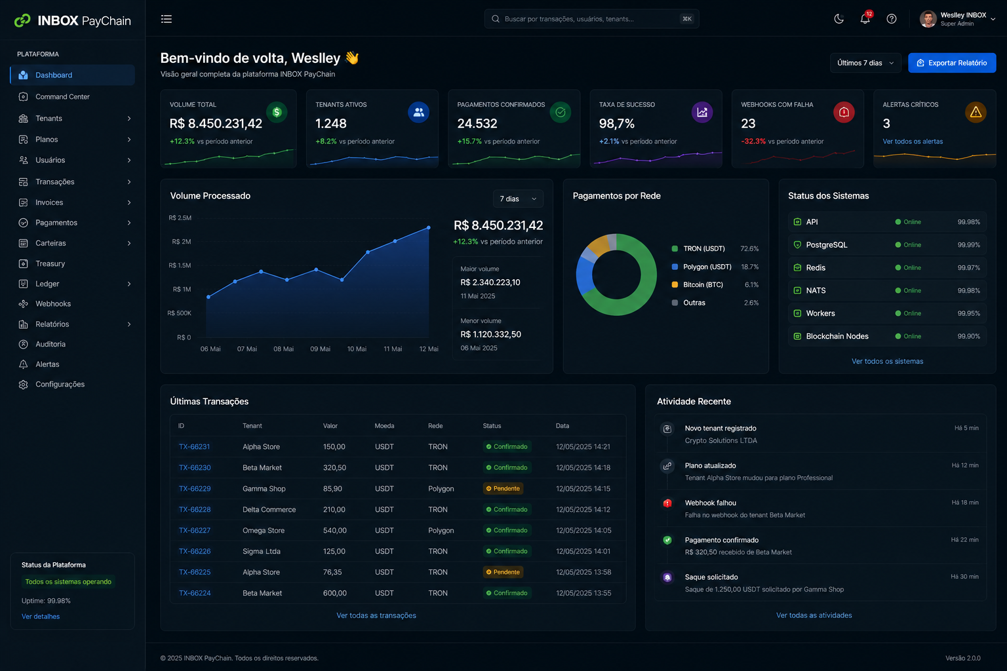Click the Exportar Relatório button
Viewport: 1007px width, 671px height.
point(952,63)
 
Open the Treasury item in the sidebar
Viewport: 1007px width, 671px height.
point(50,263)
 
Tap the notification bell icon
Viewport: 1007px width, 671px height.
point(865,19)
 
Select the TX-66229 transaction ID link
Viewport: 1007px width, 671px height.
point(195,489)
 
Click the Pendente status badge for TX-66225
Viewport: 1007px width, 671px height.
point(503,572)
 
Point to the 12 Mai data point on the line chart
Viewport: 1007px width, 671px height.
point(428,228)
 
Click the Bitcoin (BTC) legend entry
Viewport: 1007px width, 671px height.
point(703,284)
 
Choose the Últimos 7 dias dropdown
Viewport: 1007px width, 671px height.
point(865,63)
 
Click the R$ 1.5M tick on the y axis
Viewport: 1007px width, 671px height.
point(180,265)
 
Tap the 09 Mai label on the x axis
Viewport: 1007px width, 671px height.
point(320,349)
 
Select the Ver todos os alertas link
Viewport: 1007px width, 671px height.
point(913,141)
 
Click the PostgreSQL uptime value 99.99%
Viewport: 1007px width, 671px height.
point(968,245)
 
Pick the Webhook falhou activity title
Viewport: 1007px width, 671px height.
point(710,503)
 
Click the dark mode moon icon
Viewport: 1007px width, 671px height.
point(839,19)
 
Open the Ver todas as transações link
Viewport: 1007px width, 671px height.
point(376,615)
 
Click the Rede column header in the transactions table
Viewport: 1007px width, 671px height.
point(435,426)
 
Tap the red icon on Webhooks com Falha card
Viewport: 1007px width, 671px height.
point(844,112)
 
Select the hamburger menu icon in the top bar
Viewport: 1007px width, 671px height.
point(167,19)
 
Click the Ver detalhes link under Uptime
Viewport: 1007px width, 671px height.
point(41,616)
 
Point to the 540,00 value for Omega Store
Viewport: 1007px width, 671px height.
point(334,530)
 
